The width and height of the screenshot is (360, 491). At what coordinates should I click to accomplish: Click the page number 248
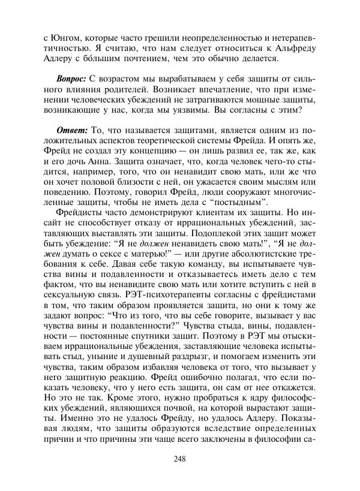(179, 459)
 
